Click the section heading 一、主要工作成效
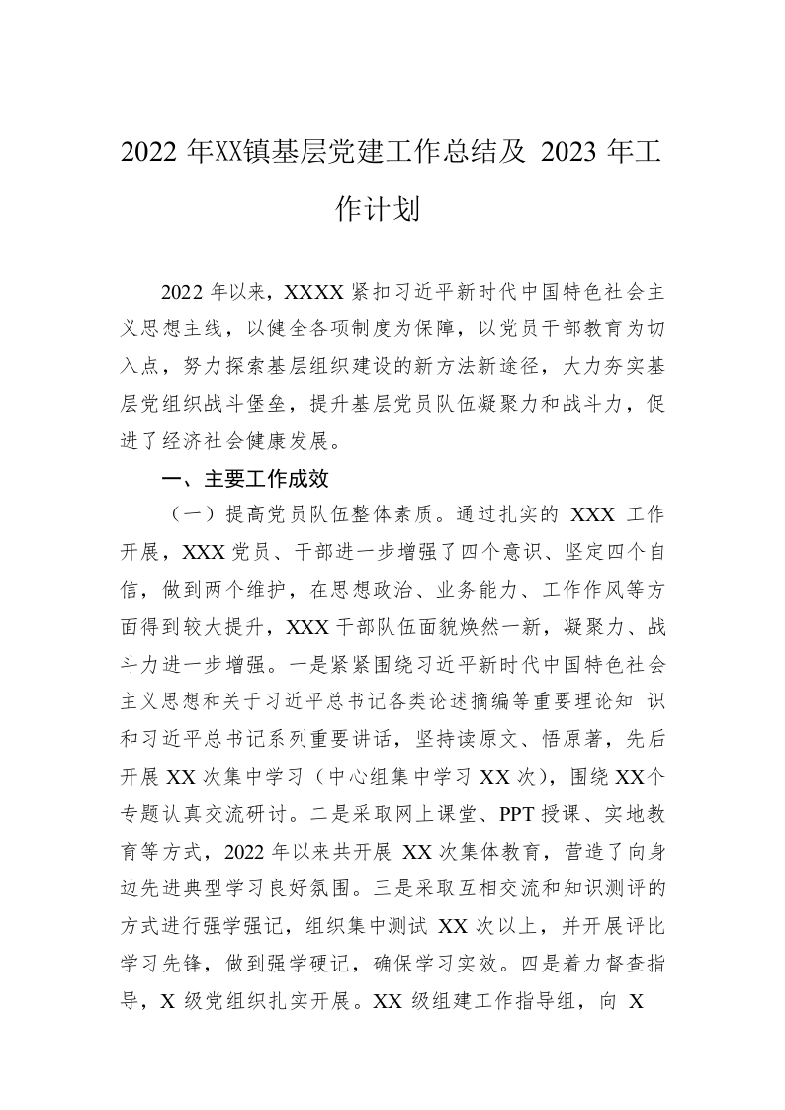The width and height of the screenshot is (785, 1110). pos(244,479)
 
